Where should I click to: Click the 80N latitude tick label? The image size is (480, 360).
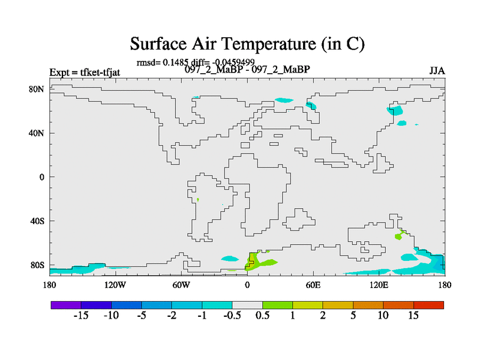coord(37,89)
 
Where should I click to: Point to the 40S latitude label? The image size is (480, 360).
coord(37,221)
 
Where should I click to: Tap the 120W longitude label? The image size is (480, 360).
coord(115,285)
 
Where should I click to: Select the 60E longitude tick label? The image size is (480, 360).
coord(313,285)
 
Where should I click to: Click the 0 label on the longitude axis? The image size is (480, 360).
coord(247,285)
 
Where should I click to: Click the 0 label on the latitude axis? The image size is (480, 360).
coord(41,177)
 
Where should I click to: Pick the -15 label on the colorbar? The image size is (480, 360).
coord(81,315)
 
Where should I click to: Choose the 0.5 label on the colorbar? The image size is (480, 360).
coord(262,315)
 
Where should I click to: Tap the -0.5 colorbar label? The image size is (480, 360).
coord(232,315)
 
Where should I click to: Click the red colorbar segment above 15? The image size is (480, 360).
coord(428,305)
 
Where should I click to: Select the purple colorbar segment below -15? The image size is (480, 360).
coord(66,305)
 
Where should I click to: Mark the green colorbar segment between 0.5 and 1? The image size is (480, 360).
coord(278,305)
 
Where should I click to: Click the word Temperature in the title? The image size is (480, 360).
coord(268,44)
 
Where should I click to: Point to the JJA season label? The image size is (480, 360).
coord(437,71)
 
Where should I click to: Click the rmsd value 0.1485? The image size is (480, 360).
coord(175,62)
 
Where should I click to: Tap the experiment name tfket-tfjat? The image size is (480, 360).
coord(100,73)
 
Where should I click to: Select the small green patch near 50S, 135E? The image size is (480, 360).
coord(398,236)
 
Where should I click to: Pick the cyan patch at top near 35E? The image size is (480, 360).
coord(284,100)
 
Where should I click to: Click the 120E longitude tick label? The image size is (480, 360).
coord(379,285)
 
